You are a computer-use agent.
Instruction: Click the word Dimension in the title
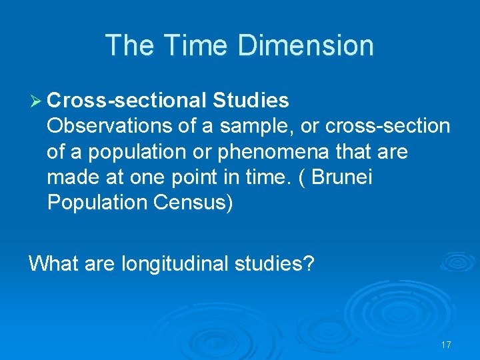click(x=305, y=45)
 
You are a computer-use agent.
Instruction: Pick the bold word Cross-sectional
click(x=127, y=101)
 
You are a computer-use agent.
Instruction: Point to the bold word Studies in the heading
click(x=251, y=101)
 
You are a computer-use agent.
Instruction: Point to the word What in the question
click(x=53, y=263)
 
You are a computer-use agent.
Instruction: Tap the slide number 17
click(x=446, y=345)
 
